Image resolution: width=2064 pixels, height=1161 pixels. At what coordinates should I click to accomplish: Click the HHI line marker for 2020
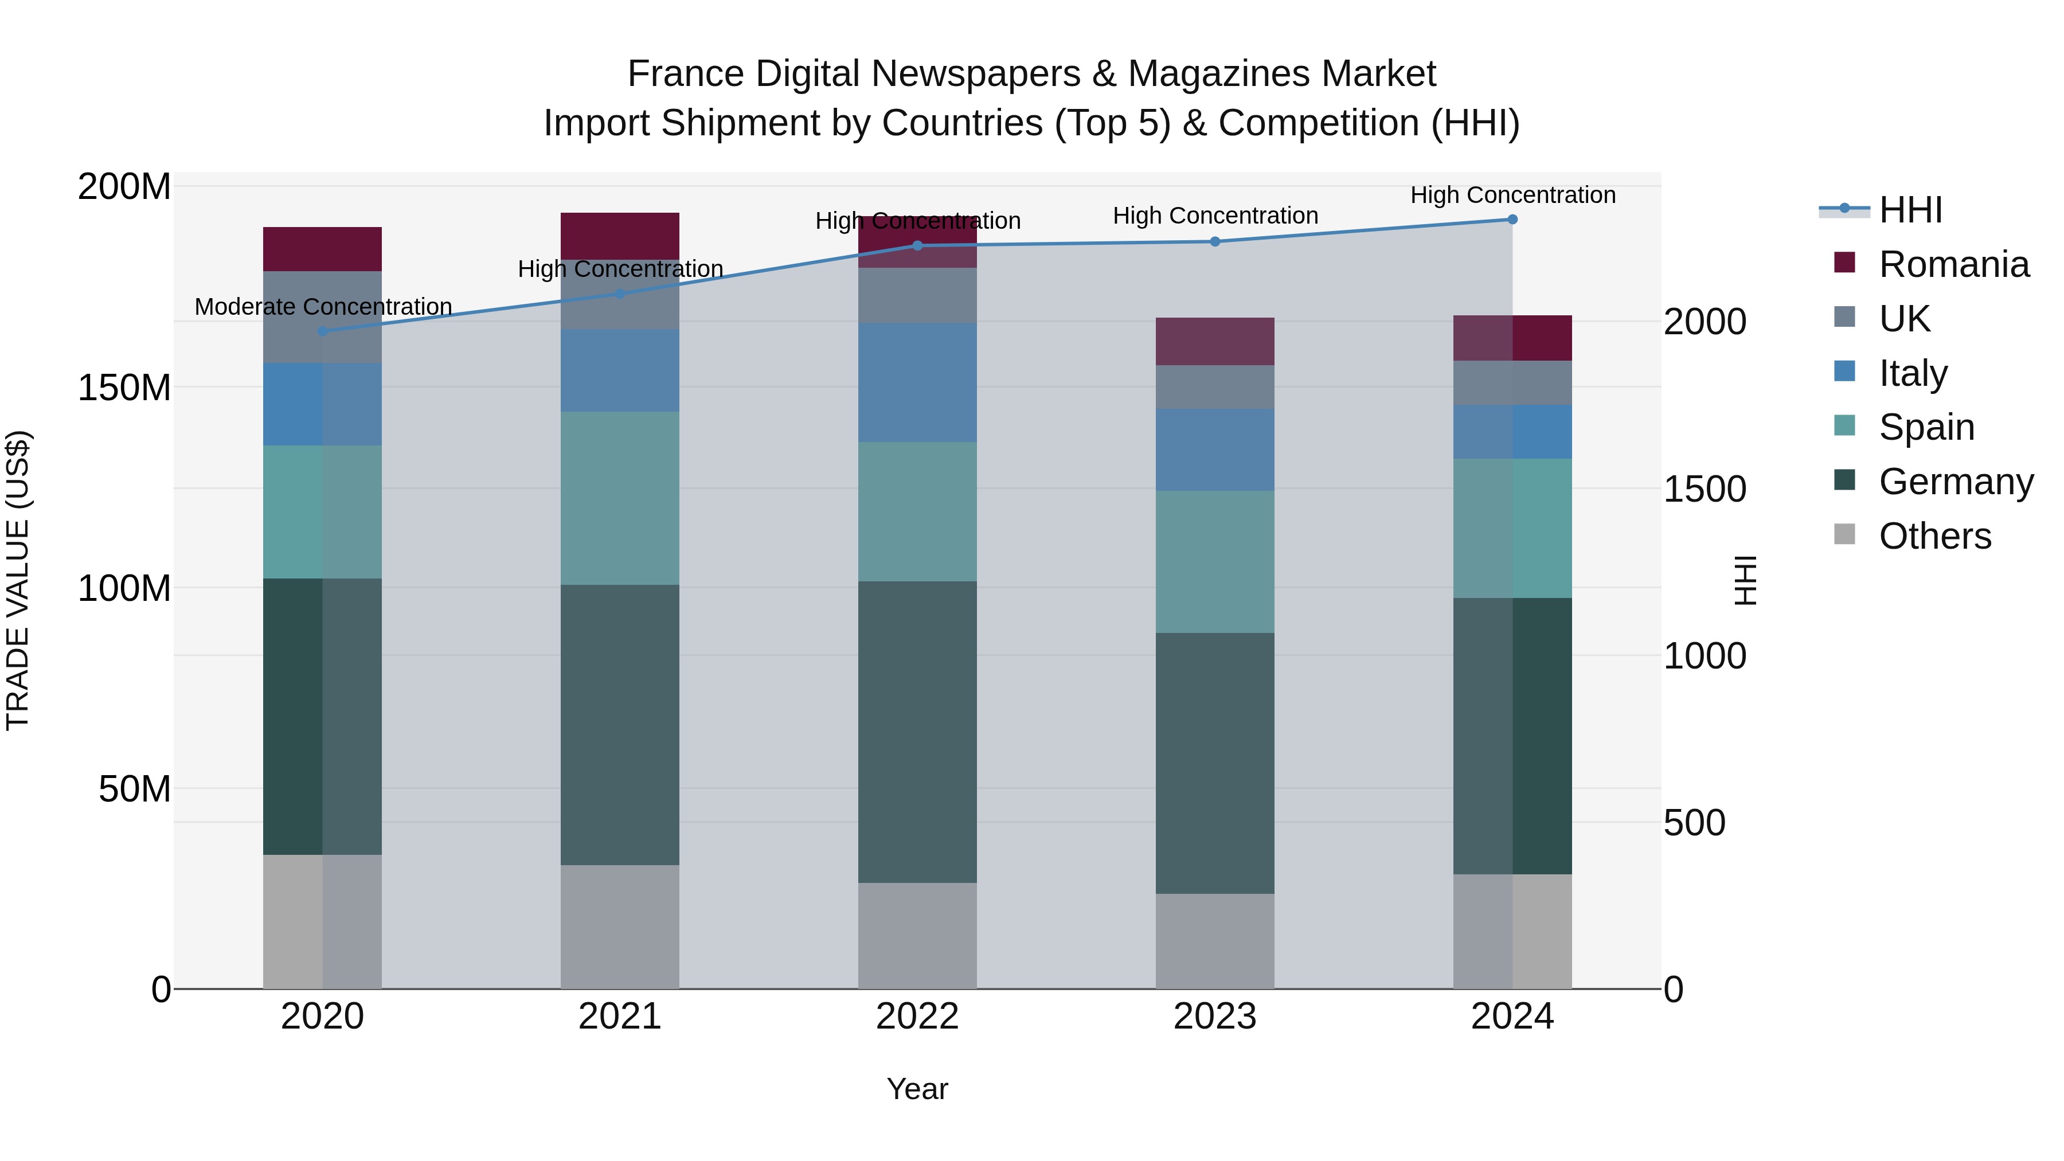(x=323, y=331)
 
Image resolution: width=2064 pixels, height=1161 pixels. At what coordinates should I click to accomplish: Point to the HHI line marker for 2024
(x=1512, y=220)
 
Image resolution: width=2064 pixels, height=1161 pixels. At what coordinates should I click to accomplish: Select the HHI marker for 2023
(x=1215, y=242)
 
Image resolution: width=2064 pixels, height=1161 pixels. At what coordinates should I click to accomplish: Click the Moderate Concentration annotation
(x=323, y=307)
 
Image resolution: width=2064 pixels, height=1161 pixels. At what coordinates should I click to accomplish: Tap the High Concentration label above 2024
(x=1512, y=196)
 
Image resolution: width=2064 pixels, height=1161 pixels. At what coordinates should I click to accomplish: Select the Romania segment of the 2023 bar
(x=1215, y=341)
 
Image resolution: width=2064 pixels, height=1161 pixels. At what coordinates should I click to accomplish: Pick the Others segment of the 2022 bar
(x=917, y=936)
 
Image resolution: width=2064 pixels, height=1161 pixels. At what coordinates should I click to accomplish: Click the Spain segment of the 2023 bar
(x=1215, y=562)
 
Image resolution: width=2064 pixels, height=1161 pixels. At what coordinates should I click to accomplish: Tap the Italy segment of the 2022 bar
(x=917, y=383)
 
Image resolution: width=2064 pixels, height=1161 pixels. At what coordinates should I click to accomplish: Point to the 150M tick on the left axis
(x=124, y=388)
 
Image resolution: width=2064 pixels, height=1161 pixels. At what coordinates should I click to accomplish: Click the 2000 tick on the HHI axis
(x=1705, y=322)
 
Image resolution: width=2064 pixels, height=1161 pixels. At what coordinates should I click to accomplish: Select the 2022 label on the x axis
(x=917, y=1017)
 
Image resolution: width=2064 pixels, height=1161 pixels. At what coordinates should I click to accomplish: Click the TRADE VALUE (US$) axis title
(x=18, y=580)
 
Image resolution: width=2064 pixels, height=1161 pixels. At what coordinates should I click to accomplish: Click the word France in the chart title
(x=685, y=74)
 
